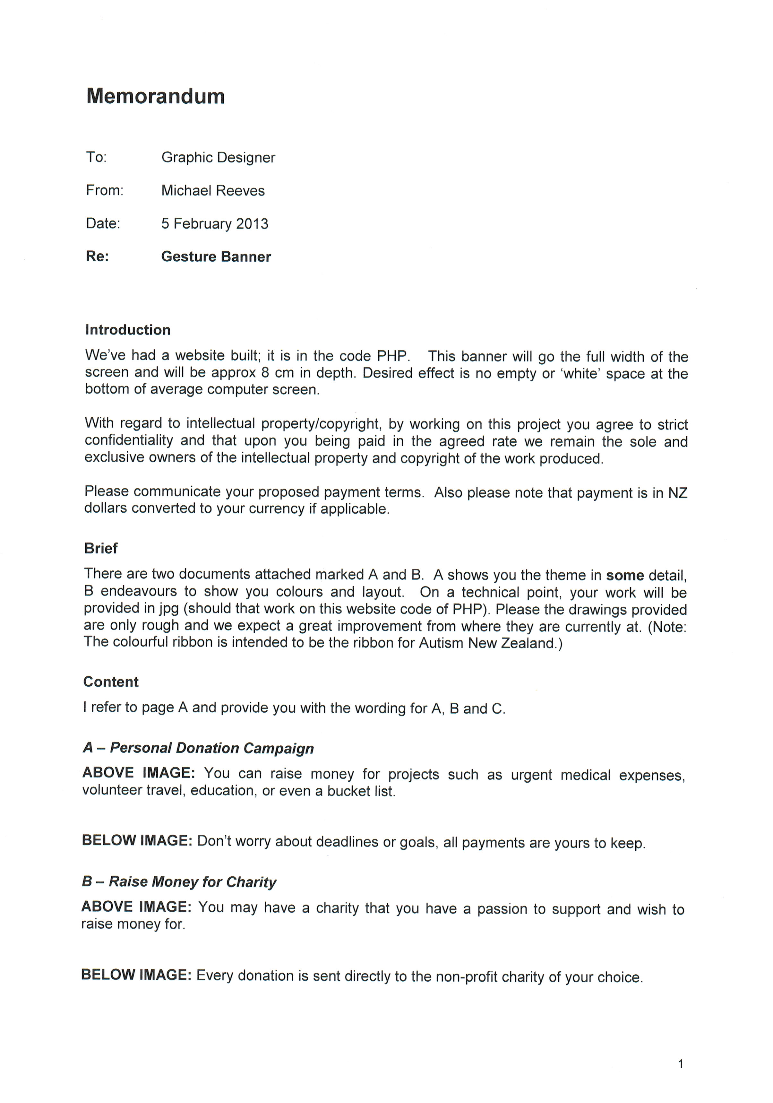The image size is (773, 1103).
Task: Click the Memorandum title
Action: coord(156,97)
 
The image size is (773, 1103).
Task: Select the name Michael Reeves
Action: coord(213,191)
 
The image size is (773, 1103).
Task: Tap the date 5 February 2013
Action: coord(215,224)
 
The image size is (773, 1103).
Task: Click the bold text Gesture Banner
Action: coord(216,257)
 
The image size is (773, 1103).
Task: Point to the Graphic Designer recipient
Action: coord(218,158)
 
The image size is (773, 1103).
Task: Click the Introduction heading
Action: coord(128,330)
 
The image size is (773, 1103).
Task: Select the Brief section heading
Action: coord(101,549)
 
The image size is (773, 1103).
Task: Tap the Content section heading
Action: coord(111,682)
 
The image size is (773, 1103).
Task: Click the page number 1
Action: coord(680,1064)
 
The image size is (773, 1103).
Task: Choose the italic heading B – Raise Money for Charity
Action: coord(179,882)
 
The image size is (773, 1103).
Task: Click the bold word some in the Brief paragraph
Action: coord(625,576)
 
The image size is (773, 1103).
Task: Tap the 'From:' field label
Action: coord(105,191)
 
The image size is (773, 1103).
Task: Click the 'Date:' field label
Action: coord(103,224)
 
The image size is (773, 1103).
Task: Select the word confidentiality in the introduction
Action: coord(129,440)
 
